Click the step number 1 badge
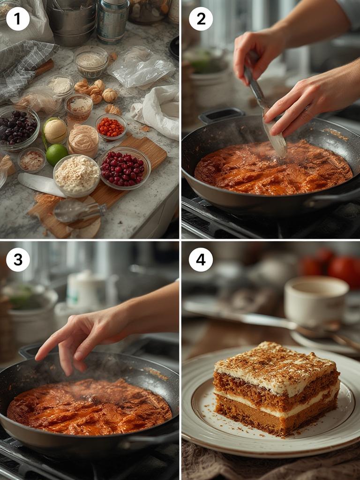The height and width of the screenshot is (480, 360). [x=18, y=19]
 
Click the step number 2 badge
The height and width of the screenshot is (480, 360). [x=201, y=19]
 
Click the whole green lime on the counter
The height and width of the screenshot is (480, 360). [x=57, y=154]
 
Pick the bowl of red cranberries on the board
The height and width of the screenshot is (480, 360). [x=124, y=168]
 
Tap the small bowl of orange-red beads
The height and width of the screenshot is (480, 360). [x=111, y=127]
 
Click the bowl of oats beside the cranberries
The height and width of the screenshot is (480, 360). [x=76, y=175]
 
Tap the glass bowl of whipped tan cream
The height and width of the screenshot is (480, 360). [x=83, y=140]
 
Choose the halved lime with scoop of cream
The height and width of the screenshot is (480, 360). [x=54, y=131]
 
